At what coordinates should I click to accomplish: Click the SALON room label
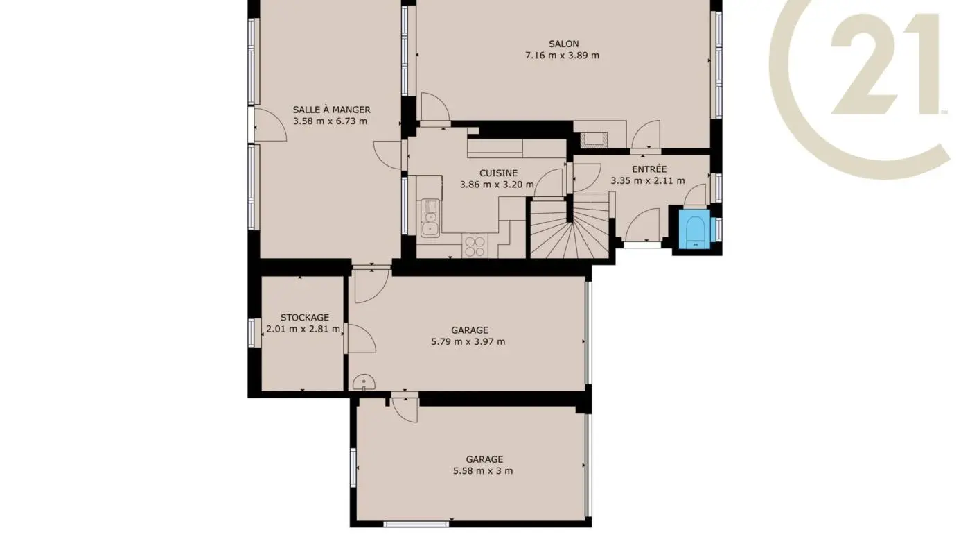click(562, 44)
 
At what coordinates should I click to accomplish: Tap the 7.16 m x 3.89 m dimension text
click(562, 55)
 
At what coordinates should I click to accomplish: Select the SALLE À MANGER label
click(331, 110)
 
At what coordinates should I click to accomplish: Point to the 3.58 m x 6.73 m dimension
click(330, 121)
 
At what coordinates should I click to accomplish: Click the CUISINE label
click(498, 173)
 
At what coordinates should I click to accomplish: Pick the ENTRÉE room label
click(649, 169)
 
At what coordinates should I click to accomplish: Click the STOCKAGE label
click(304, 317)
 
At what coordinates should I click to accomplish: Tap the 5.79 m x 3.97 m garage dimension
click(469, 341)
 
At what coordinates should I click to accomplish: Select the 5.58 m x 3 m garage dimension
click(484, 471)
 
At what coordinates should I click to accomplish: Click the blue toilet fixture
click(694, 230)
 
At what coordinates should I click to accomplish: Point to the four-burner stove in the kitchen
click(475, 246)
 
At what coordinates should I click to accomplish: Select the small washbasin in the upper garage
click(363, 382)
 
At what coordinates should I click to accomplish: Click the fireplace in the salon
click(594, 139)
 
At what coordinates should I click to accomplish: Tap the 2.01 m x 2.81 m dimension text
click(303, 330)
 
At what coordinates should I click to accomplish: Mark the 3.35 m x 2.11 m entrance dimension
click(647, 181)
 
